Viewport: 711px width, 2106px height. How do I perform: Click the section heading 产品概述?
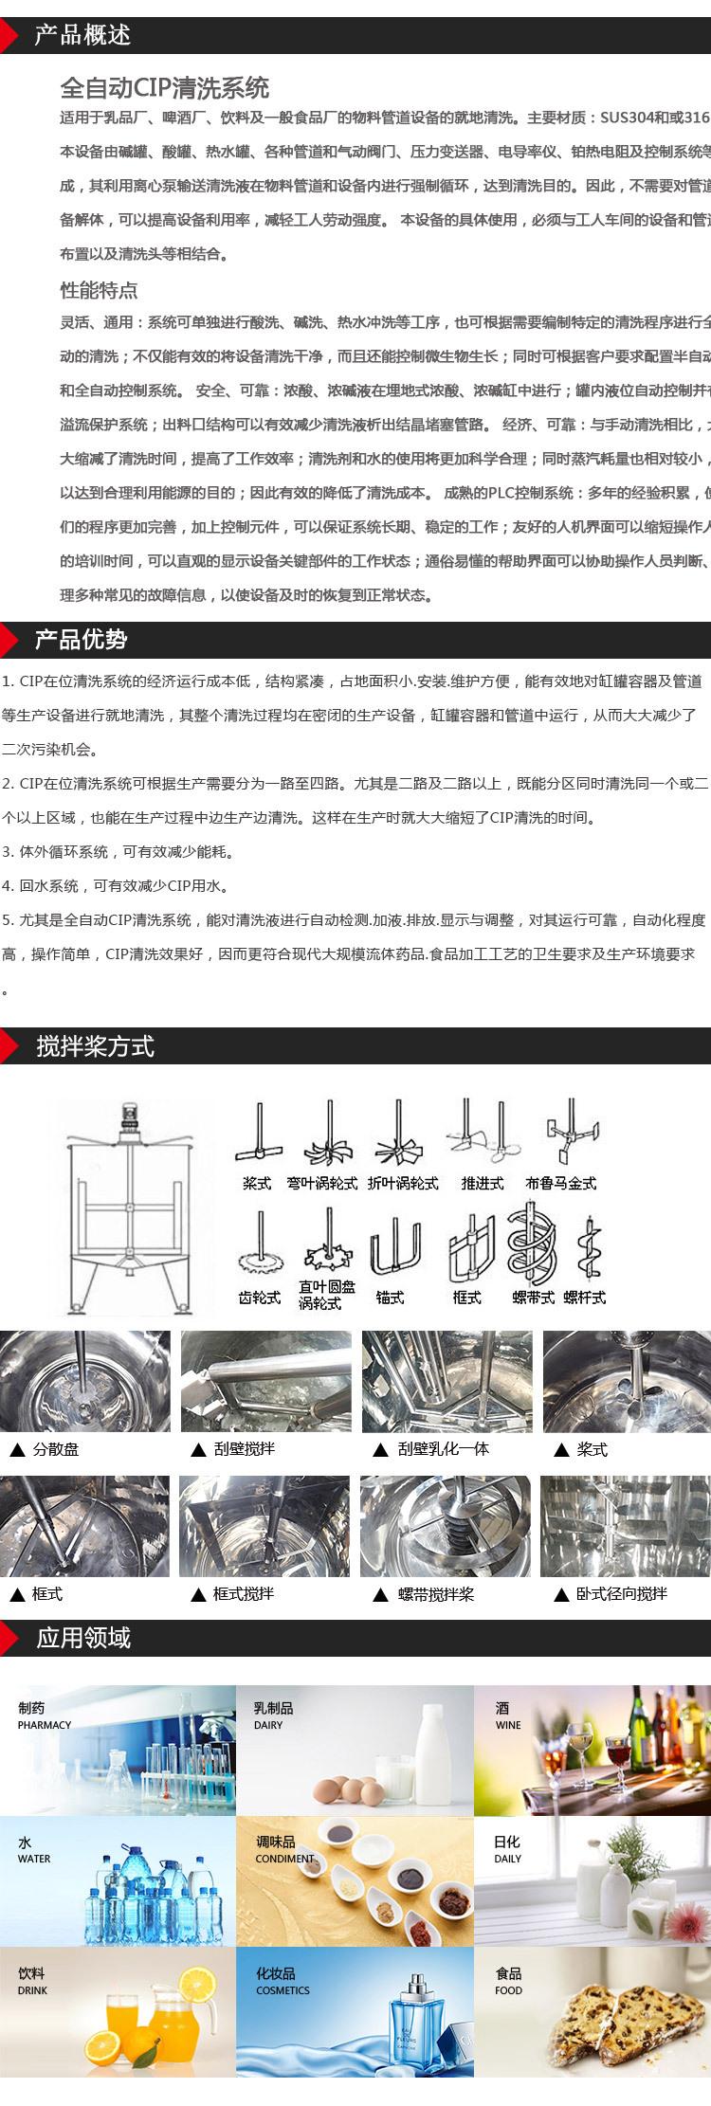(x=82, y=35)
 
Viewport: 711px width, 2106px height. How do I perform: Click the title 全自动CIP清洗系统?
(x=165, y=88)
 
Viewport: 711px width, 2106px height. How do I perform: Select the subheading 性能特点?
(x=99, y=290)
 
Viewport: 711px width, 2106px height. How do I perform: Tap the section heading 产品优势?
(x=81, y=640)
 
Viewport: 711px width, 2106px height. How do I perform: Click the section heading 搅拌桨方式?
(x=95, y=1046)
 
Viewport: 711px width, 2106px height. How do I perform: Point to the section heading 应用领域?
(x=83, y=1638)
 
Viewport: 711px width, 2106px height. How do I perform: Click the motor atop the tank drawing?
(x=128, y=1117)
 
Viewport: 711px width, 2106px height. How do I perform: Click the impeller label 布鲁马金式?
(x=561, y=1183)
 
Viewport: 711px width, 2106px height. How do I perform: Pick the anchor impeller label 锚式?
(x=390, y=1298)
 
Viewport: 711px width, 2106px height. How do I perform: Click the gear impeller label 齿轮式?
(x=259, y=1298)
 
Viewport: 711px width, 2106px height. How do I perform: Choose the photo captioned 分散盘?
(x=85, y=1381)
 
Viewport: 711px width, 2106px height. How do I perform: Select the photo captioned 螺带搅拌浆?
(x=446, y=1526)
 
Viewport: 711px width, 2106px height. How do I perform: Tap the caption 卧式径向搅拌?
(x=621, y=1594)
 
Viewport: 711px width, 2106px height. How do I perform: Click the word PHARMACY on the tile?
(x=45, y=1725)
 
